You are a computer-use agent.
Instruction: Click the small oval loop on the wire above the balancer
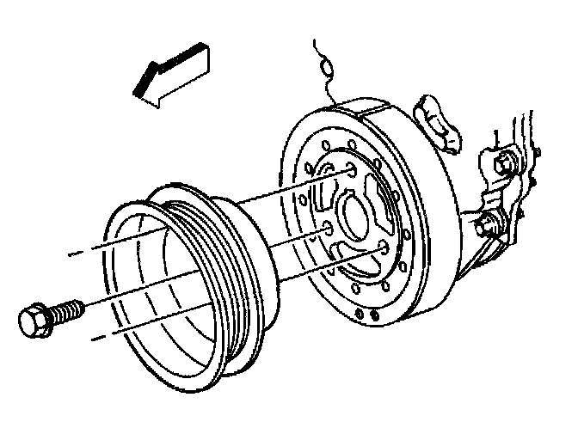(x=325, y=65)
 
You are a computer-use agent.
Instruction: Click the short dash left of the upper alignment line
(x=77, y=254)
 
